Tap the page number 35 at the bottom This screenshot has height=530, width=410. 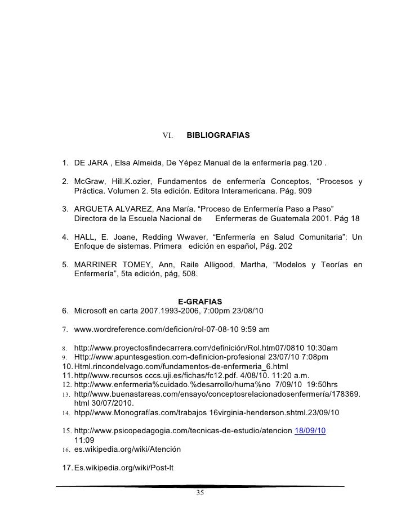[x=200, y=493]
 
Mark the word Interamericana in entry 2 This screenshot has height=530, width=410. [x=251, y=191]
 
